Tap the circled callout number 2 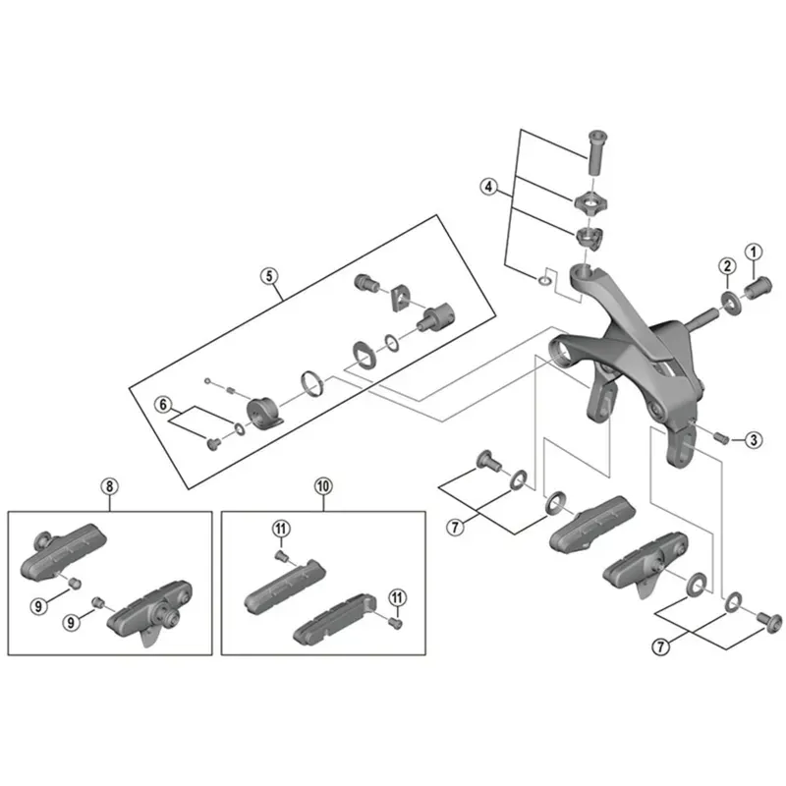pos(726,266)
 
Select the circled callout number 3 pos(752,440)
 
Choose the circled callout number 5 pos(268,276)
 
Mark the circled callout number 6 pos(164,403)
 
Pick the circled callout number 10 pos(322,486)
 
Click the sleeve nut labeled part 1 pos(761,288)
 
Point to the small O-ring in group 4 pos(543,280)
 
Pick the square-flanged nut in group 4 pos(590,202)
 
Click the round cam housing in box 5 pos(263,409)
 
